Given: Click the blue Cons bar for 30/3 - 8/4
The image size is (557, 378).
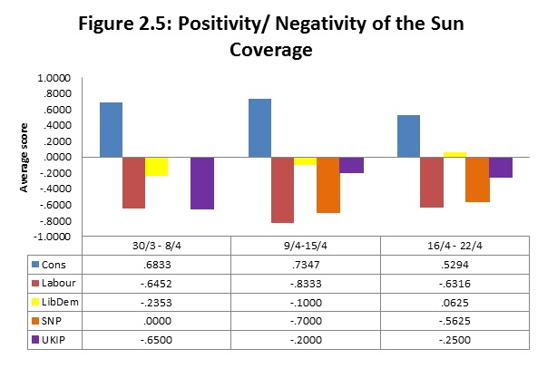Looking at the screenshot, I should click(111, 130).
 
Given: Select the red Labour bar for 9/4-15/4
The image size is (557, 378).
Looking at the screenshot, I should click(283, 189).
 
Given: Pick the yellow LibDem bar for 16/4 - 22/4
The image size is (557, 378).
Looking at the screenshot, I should click(454, 154).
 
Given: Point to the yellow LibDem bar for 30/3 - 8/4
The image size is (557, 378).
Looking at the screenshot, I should click(156, 166).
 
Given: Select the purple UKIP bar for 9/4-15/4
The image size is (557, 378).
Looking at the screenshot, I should click(351, 165).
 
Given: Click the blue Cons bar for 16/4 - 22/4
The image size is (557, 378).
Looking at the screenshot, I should click(408, 136).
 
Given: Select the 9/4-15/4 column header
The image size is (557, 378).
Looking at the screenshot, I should click(305, 246).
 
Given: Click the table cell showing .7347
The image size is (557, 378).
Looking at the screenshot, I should click(305, 265).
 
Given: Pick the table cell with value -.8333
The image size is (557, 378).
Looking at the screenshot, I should click(305, 284).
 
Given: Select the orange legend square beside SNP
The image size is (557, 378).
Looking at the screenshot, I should click(35, 322).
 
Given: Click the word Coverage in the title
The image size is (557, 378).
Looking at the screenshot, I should click(271, 52).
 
